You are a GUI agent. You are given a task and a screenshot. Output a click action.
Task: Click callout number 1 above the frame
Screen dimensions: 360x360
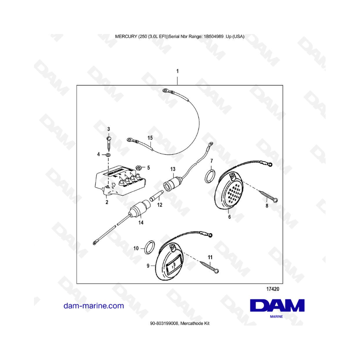click(177, 71)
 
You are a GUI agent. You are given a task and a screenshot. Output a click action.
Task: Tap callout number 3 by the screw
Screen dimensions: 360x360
click(108, 129)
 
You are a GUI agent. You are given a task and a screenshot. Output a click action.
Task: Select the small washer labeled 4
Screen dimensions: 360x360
click(108, 154)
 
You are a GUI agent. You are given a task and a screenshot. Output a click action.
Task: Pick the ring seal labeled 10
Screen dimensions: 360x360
click(149, 246)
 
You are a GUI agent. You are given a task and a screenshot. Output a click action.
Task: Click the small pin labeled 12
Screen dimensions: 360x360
click(156, 198)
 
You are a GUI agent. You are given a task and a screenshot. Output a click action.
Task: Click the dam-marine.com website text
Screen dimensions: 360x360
click(94, 306)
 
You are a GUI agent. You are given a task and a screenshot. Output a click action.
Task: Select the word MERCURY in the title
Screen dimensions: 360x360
click(126, 36)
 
